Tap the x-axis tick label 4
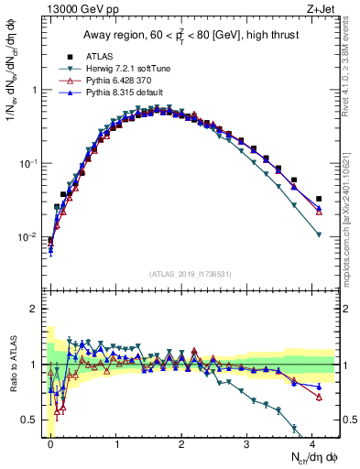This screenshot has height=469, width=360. [x=312, y=442]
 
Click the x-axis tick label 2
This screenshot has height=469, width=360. [x=181, y=442]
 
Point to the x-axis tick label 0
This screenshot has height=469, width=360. [x=50, y=442]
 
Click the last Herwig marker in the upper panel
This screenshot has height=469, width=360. [x=319, y=235]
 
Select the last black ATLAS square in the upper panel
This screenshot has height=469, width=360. [x=319, y=199]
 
